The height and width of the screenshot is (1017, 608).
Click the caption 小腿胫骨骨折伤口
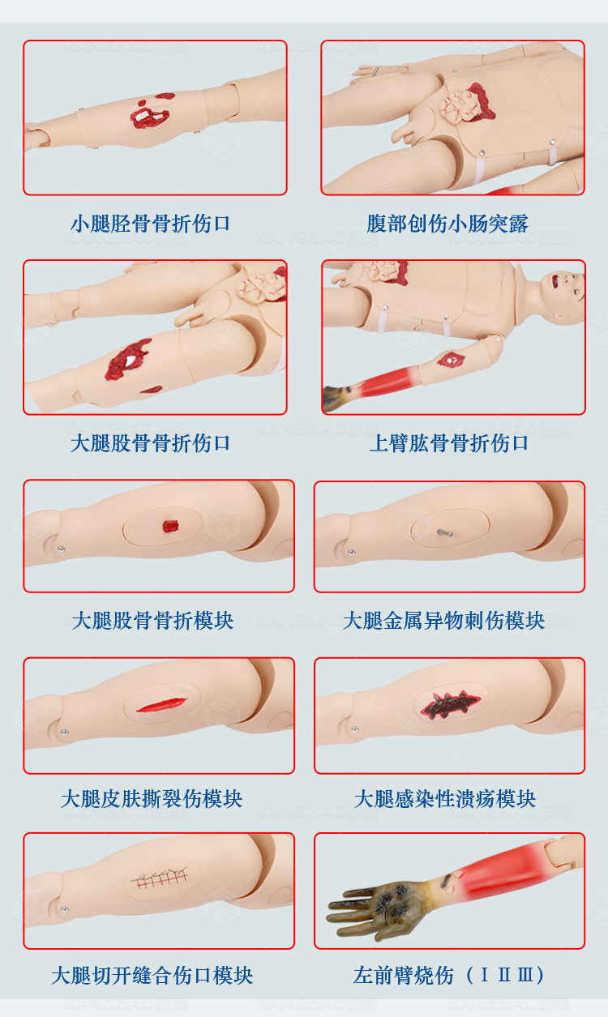[150, 224]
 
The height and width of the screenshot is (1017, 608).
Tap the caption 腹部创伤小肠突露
[447, 224]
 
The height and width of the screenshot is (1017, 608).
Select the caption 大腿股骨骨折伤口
[150, 443]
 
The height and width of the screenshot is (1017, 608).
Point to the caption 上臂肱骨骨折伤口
[449, 443]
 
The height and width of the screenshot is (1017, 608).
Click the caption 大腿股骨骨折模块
[152, 620]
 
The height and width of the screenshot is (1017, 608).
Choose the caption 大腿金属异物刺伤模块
[443, 620]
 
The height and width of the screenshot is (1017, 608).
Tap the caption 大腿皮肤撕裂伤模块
[152, 799]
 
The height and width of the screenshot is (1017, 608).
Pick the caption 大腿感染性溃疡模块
[445, 799]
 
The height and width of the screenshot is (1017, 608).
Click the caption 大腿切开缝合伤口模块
[152, 975]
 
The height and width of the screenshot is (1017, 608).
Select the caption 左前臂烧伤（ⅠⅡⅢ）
[448, 975]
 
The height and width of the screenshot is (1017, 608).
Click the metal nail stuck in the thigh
[445, 532]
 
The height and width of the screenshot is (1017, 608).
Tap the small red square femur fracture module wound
[170, 526]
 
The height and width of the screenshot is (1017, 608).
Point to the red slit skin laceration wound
[161, 705]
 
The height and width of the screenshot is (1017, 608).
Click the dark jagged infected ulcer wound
[450, 704]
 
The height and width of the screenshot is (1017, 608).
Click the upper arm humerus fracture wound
[451, 360]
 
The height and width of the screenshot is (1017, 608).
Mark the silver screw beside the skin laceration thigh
[65, 733]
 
